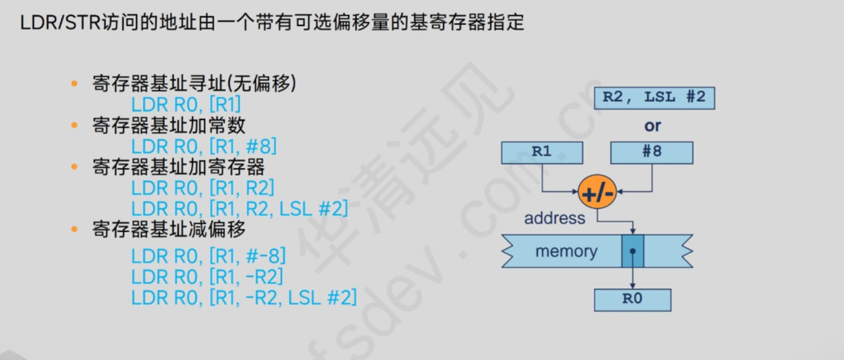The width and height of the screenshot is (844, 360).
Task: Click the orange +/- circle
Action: (597, 192)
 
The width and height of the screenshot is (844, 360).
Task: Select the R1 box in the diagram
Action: (542, 153)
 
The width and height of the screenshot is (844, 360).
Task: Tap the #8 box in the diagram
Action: (652, 153)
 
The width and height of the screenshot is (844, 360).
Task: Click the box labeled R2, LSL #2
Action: (654, 98)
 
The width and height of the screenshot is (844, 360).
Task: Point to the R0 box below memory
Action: (632, 299)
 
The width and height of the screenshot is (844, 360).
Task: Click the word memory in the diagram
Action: (566, 252)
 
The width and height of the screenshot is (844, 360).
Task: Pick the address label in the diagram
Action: (554, 218)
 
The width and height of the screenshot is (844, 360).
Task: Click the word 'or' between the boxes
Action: (653, 126)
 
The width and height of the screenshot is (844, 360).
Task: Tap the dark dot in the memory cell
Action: (632, 252)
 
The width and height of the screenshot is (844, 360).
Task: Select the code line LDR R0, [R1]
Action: (186, 105)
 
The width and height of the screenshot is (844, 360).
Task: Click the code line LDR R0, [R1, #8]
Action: (204, 147)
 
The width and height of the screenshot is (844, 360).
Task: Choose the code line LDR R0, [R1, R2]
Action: (203, 189)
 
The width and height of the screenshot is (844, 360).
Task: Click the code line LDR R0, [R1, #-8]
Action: (208, 256)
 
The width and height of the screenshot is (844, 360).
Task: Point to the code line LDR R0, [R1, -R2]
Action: (207, 277)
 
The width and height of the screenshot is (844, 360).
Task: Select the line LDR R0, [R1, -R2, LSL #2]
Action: (244, 298)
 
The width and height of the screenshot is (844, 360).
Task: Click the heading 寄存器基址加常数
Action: (169, 125)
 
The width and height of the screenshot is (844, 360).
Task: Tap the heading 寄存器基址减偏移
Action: (169, 230)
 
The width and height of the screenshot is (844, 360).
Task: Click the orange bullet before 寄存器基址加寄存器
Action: (75, 167)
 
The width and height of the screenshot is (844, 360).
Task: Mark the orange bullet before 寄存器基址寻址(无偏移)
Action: (75, 84)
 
